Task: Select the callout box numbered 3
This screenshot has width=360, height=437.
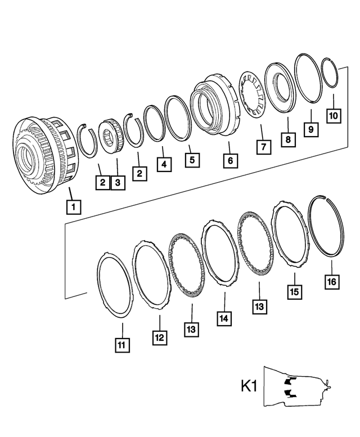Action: coord(118,182)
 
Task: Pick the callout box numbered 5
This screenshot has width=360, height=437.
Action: coord(192,160)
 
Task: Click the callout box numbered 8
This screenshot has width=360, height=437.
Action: coord(287,138)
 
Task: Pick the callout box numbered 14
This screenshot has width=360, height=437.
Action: coord(224,318)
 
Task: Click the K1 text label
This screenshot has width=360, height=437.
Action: coord(249,388)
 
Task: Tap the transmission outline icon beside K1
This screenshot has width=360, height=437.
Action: coord(298,388)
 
